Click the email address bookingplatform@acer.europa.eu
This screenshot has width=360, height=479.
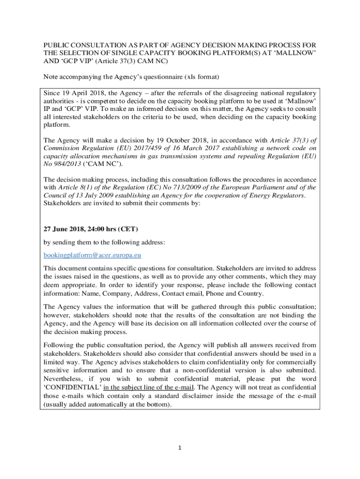[93, 255]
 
